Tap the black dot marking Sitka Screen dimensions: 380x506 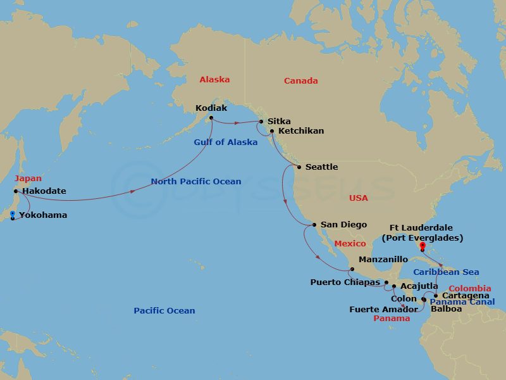click(x=262, y=122)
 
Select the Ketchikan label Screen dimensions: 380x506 click(x=300, y=131)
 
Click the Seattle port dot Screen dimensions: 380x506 click(x=299, y=167)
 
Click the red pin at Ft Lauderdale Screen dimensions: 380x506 click(x=423, y=246)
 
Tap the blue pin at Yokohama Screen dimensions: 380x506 click(x=13, y=215)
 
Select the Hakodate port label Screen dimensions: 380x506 click(x=44, y=191)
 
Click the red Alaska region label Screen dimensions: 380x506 click(x=214, y=80)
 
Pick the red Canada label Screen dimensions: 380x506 click(x=300, y=81)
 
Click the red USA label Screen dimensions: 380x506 click(x=359, y=198)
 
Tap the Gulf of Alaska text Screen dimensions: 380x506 click(x=226, y=142)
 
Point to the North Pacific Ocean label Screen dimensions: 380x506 click(x=196, y=182)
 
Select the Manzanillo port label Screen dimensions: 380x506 click(x=383, y=260)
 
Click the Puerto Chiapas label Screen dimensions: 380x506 click(x=345, y=282)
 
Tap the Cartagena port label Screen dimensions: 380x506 click(x=466, y=296)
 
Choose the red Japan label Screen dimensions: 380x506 click(x=28, y=179)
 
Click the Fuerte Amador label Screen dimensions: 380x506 click(x=384, y=310)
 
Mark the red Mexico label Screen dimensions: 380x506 click(x=350, y=244)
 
